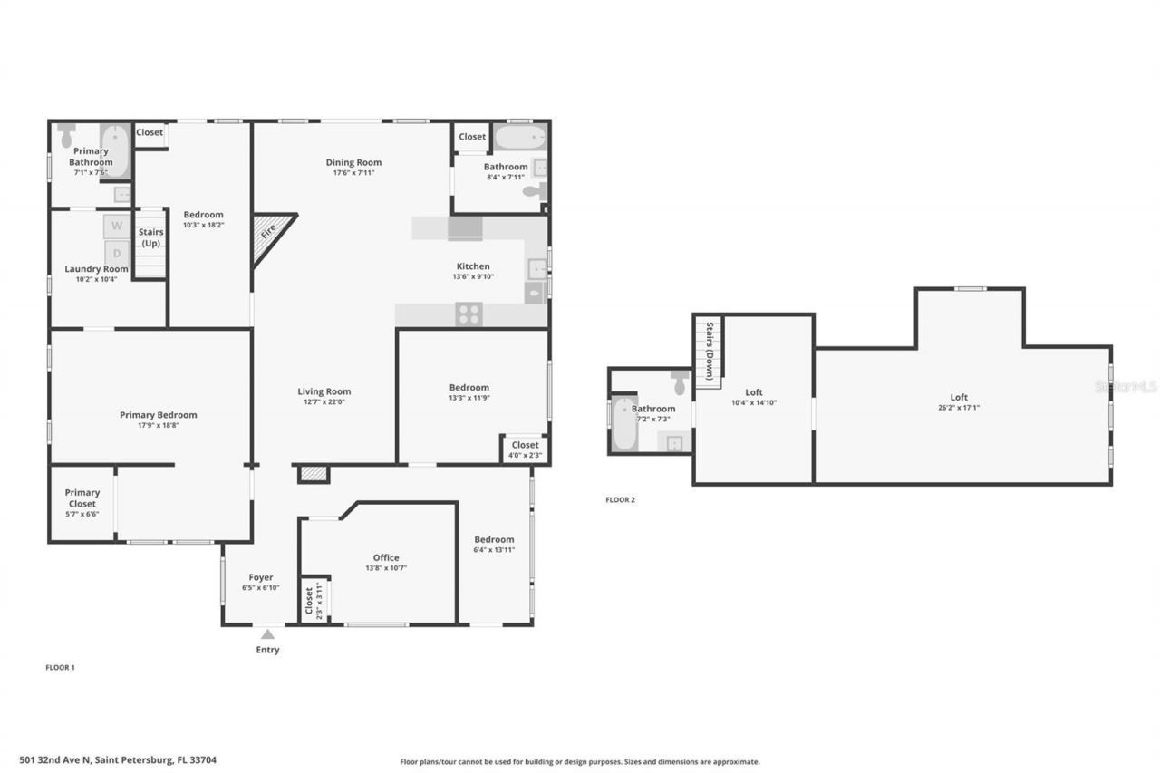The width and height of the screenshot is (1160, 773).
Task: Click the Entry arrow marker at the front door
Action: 267,634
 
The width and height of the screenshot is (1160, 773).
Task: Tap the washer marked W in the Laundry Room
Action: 116,226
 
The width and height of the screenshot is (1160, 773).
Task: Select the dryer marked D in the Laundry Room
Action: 116,254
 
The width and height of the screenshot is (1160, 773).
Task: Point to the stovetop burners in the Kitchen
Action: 469,314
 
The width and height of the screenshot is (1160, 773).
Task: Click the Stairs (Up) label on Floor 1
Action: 150,237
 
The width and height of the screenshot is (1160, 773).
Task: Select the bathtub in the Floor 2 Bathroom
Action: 624,424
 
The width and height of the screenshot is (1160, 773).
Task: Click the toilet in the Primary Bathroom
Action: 66,136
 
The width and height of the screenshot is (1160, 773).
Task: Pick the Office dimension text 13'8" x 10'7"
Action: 385,568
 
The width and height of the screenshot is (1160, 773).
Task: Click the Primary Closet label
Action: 82,498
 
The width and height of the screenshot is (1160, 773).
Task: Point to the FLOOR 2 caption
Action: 620,499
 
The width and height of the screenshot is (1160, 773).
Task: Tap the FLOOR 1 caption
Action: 60,668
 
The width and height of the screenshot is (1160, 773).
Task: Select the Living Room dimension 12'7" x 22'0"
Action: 324,401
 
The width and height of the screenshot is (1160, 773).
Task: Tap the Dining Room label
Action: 353,162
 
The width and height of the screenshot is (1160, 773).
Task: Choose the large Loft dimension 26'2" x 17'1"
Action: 959,408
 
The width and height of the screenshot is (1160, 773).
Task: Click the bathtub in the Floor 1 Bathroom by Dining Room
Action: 519,138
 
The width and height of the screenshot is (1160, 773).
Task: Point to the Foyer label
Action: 260,577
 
